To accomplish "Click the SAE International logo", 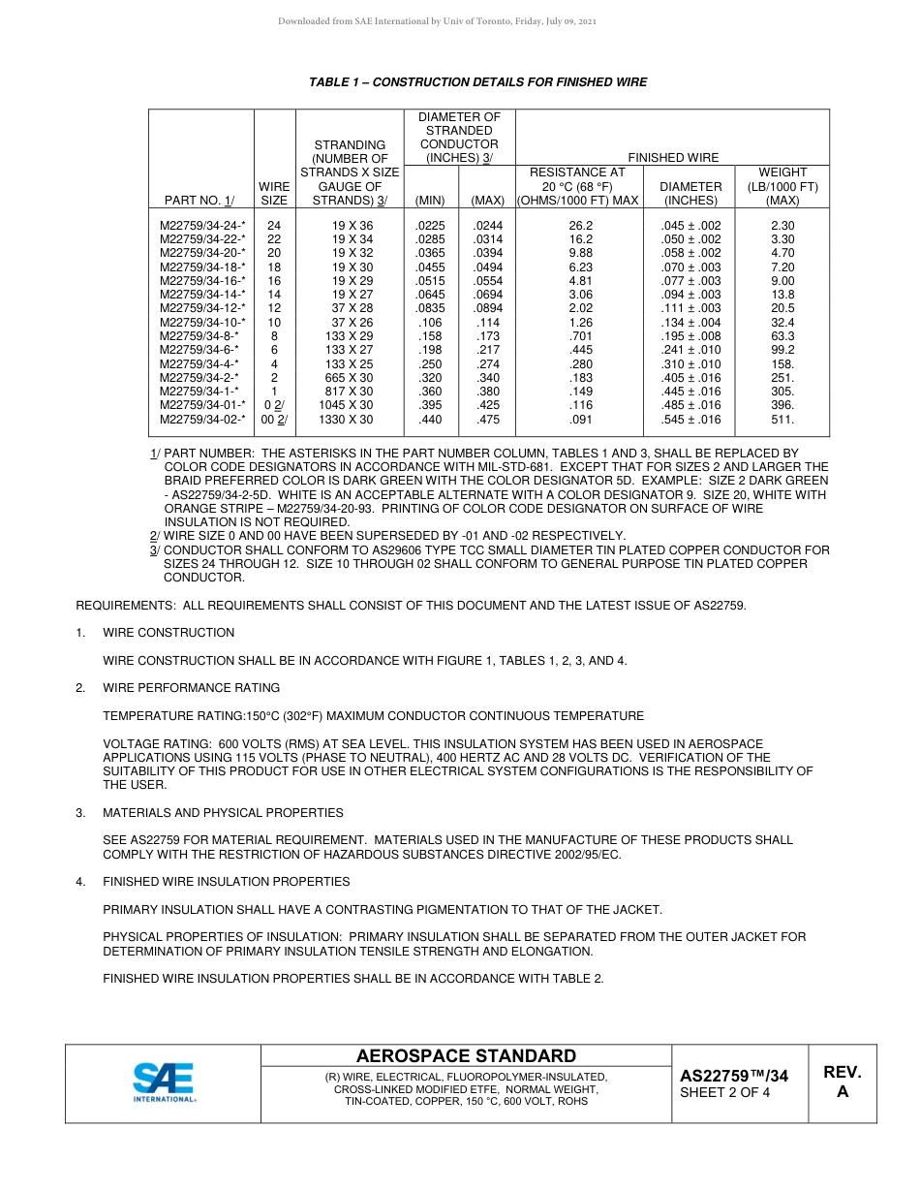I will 164,1082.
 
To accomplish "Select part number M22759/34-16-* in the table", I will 202,281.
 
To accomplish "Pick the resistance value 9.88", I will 580,253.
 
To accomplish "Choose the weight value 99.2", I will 782,350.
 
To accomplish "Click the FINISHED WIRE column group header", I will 673,157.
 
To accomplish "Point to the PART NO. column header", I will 199,201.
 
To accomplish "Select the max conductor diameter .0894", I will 487,308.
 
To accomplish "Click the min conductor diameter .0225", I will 430,225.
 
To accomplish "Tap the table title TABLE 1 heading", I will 477,82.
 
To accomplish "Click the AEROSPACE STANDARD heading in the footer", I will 466,1056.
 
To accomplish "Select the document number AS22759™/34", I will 734,1076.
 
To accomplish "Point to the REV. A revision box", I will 842,1082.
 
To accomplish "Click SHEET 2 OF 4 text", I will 725,1093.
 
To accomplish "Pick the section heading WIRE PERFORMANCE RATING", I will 191,688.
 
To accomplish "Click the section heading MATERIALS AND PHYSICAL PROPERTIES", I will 223,813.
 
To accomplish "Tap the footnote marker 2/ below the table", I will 154,536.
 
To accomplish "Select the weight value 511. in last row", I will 782,420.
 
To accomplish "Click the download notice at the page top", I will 437,21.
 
